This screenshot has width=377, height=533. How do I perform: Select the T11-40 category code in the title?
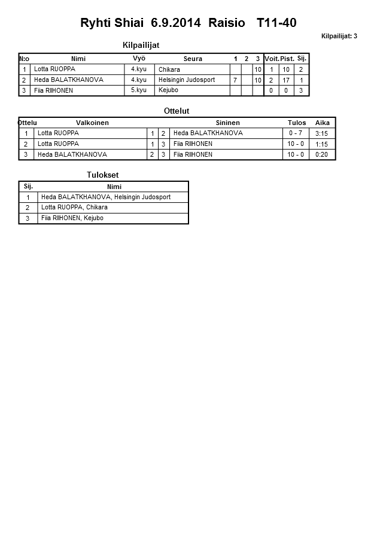pyautogui.click(x=276, y=23)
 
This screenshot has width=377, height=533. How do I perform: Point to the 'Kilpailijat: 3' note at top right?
pyautogui.click(x=339, y=36)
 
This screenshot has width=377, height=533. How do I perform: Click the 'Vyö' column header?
pyautogui.click(x=139, y=59)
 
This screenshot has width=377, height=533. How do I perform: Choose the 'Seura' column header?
pyautogui.click(x=193, y=59)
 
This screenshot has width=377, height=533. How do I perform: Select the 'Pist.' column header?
pyautogui.click(x=287, y=59)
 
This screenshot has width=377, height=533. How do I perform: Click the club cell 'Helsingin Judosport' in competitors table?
pyautogui.click(x=187, y=80)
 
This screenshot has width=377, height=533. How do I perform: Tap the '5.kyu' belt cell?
pyautogui.click(x=139, y=90)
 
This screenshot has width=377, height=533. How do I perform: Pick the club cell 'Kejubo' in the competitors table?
pyautogui.click(x=168, y=90)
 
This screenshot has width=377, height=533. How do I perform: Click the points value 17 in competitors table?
pyautogui.click(x=287, y=80)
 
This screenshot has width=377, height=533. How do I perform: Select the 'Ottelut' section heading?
pyautogui.click(x=177, y=111)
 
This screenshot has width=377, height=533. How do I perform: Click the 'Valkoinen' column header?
pyautogui.click(x=92, y=123)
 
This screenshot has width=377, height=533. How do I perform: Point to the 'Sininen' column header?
pyautogui.click(x=227, y=123)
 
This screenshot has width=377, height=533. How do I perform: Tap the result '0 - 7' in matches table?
pyautogui.click(x=296, y=133)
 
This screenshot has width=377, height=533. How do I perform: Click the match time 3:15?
pyautogui.click(x=321, y=133)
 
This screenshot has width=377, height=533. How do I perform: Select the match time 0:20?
pyautogui.click(x=321, y=154)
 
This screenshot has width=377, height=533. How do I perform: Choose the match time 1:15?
pyautogui.click(x=321, y=144)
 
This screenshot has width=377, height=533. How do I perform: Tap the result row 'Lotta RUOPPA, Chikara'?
pyautogui.click(x=74, y=208)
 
